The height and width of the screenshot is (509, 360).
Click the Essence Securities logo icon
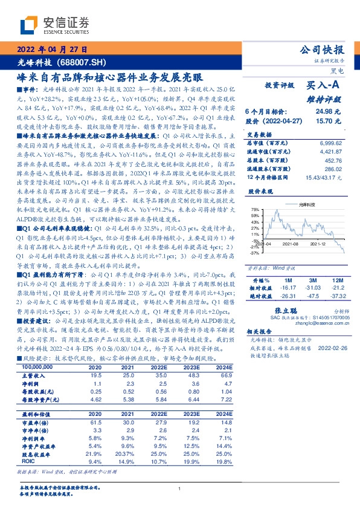[31, 25]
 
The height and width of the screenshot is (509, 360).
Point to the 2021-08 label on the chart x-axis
[291, 244]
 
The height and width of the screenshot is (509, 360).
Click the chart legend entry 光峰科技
[291, 206]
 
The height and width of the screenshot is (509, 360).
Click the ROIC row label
[29, 461]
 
